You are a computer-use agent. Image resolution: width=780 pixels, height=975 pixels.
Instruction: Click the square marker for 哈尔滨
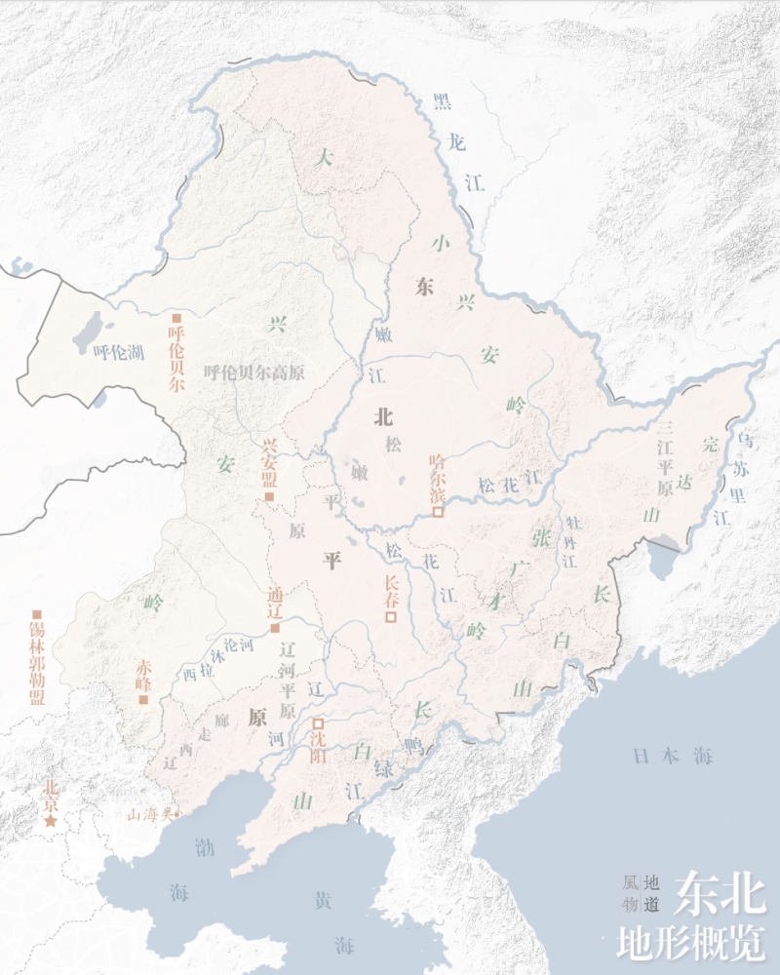(x=439, y=511)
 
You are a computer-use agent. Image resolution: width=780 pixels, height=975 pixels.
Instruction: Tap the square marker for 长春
(x=391, y=616)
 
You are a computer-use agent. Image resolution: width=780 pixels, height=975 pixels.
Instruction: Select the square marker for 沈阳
(x=318, y=723)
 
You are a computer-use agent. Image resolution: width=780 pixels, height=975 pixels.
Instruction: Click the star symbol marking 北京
(x=49, y=823)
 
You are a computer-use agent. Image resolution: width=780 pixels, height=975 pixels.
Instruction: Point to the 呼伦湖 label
(x=118, y=352)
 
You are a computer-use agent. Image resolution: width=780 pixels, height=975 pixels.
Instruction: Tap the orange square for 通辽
(x=275, y=628)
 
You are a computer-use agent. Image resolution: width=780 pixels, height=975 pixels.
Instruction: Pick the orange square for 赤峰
(x=143, y=698)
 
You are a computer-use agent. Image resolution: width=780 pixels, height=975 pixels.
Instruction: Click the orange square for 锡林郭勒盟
(x=37, y=613)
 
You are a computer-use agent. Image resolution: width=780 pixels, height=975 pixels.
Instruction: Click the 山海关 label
(x=152, y=813)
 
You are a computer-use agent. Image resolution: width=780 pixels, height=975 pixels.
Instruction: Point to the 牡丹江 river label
(x=569, y=540)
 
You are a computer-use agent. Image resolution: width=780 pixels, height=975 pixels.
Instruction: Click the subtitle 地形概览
(x=690, y=942)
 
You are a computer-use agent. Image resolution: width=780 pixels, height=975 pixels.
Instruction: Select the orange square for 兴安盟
(x=270, y=497)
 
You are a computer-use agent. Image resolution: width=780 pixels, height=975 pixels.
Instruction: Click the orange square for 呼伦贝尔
(x=176, y=318)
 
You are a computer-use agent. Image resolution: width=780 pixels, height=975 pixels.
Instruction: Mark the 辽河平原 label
(x=287, y=679)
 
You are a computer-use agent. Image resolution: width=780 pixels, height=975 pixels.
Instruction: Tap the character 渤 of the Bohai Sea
(x=204, y=846)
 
